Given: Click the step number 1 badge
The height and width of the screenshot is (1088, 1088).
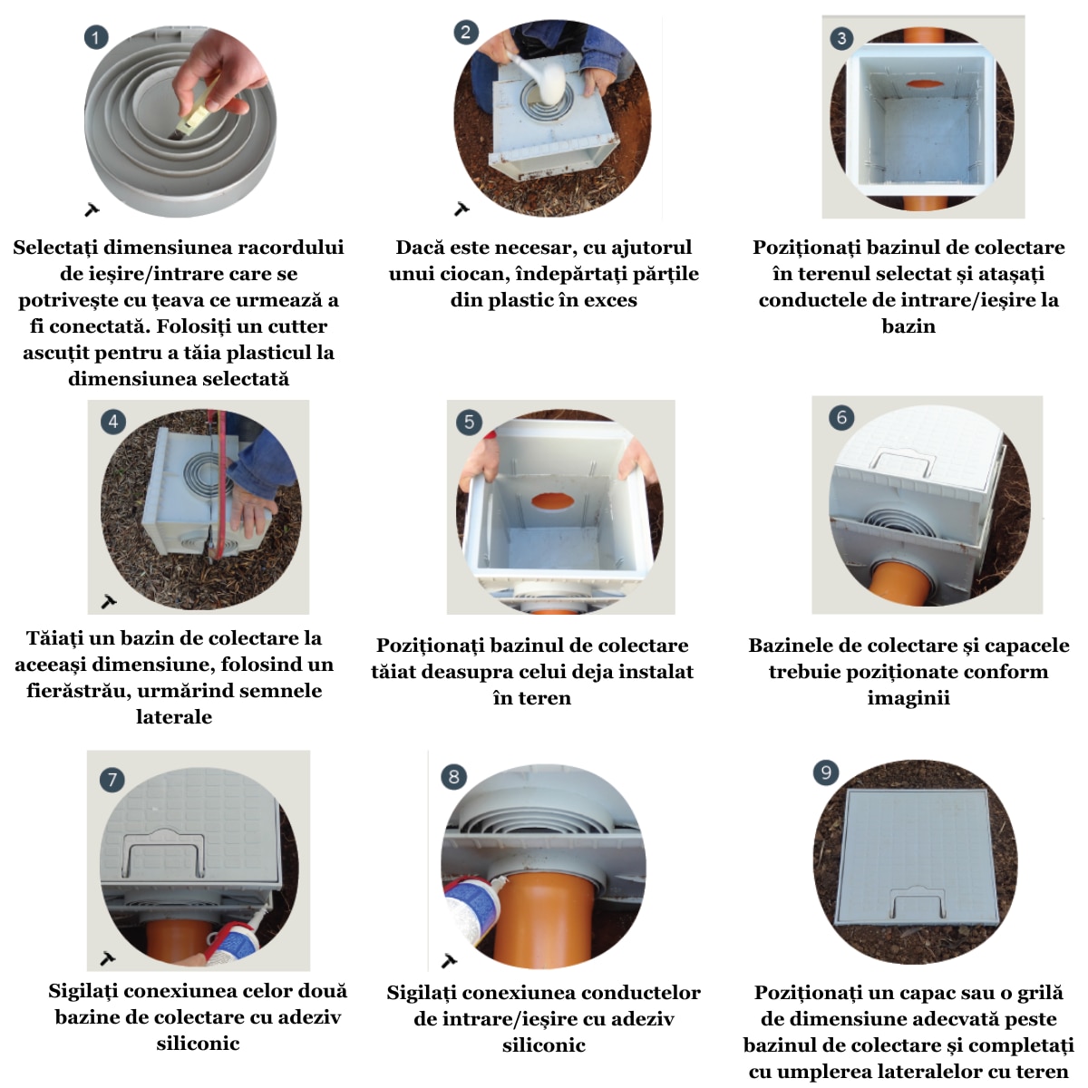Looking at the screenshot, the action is point(96,37).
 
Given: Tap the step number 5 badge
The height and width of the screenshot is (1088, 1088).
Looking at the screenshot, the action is point(469,422).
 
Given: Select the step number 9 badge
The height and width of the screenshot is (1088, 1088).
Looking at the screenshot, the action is point(826,772).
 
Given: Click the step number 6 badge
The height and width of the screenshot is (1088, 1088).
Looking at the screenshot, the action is point(841,417).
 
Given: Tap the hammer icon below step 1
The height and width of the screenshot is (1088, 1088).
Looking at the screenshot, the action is point(92,210).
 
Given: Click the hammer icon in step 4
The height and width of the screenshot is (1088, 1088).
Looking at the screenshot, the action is point(109,601).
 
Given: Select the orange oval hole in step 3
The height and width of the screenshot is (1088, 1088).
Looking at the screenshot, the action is point(924,84).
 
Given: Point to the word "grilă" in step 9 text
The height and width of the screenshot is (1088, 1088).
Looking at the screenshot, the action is point(1035,993).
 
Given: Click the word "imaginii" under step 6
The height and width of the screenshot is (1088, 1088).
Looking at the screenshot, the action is point(908,698).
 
